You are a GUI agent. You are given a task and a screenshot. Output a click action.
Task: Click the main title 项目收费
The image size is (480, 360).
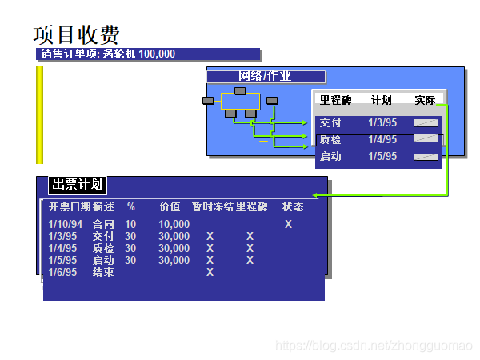click(x=77, y=34)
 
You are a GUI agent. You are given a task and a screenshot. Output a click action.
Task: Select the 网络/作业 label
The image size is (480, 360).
click(x=266, y=77)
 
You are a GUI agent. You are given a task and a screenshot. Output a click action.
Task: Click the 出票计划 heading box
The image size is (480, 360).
click(x=77, y=185)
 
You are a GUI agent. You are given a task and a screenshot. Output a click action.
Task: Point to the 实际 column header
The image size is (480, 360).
click(x=426, y=101)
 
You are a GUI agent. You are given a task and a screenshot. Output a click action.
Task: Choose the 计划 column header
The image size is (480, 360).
click(x=382, y=101)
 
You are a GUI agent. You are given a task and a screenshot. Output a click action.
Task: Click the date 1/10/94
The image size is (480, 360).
click(x=65, y=225)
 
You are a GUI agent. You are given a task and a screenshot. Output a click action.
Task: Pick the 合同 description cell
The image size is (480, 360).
click(x=103, y=225)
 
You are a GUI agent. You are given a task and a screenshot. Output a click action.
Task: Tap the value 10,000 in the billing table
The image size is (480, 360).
click(x=174, y=225)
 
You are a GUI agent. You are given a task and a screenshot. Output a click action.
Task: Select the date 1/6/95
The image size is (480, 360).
click(x=62, y=273)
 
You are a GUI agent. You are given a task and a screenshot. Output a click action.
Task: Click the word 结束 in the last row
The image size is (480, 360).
click(x=103, y=273)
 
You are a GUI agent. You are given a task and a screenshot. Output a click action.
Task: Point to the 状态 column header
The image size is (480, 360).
click(x=293, y=207)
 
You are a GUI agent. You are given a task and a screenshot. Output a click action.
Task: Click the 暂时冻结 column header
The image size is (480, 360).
click(x=213, y=207)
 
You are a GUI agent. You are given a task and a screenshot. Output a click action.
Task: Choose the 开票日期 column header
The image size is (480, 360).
click(x=69, y=207)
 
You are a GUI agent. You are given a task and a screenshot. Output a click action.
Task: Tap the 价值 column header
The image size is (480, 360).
click(x=170, y=207)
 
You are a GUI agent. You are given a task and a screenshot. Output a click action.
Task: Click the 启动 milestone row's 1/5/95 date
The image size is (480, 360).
click(x=382, y=157)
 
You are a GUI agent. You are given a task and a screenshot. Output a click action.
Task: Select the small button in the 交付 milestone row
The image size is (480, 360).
click(x=426, y=123)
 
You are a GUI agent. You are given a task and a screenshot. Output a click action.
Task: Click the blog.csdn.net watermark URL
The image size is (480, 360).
click(x=373, y=346)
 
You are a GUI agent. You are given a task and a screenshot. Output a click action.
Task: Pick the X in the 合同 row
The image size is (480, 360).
click(x=288, y=225)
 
